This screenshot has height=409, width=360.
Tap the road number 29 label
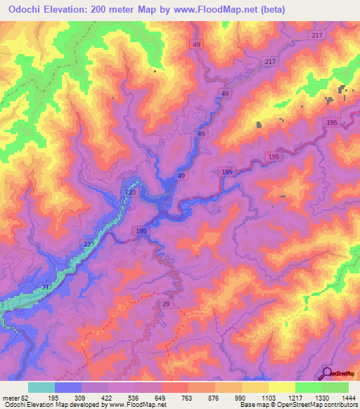coord(166,303)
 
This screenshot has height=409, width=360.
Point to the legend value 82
coord(27,398)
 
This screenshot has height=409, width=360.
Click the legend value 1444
coord(348,398)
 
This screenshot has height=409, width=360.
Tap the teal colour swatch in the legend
coord(41,387)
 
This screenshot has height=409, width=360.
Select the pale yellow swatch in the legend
coord(281,387)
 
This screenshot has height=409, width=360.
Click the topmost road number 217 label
coord(316,36)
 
